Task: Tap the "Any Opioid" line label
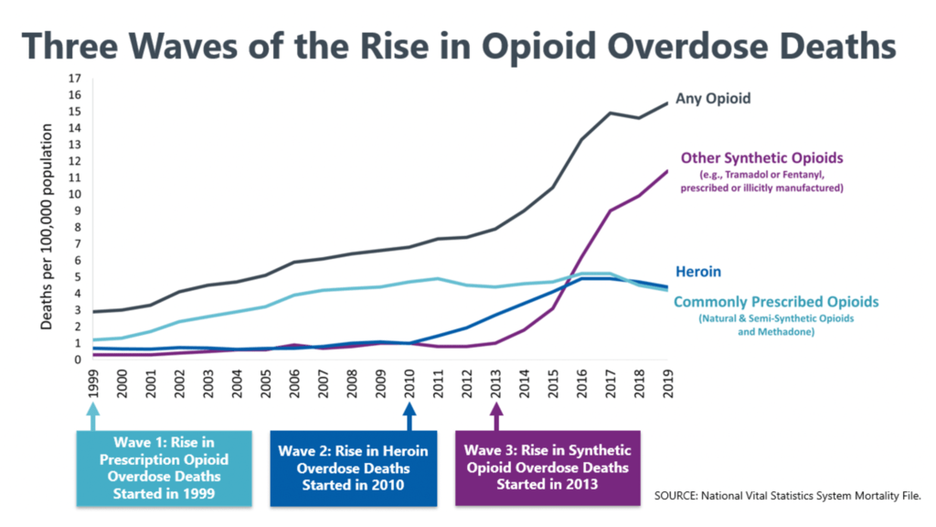coord(713,98)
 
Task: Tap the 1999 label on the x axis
coord(93,384)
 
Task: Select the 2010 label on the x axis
coord(410,384)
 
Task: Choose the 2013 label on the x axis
coord(496,384)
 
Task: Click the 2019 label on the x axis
coord(669,384)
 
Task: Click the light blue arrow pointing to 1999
coord(93,417)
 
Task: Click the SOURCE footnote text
coord(787,495)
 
